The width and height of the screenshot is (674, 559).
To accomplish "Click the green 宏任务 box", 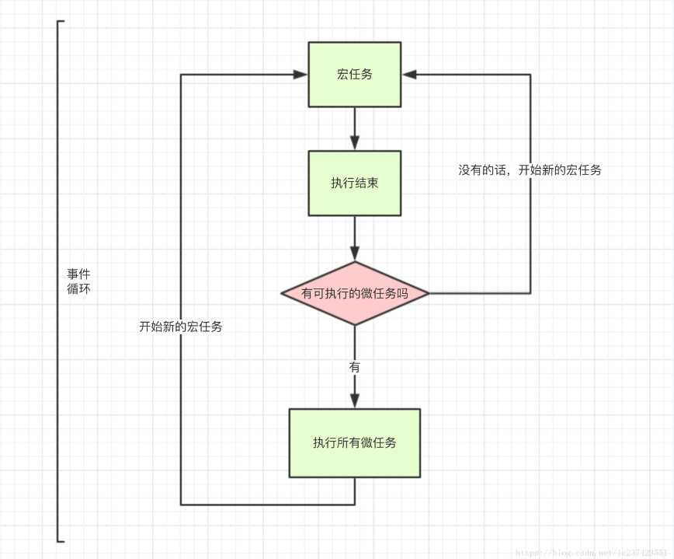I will pos(354,75).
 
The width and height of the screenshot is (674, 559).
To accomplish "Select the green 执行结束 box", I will pos(354,183).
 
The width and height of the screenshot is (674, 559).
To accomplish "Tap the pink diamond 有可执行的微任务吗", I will pos(354,293).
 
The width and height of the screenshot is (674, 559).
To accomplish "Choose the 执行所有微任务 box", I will pos(354,442).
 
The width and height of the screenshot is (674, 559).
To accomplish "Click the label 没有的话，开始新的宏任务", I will pos(530,169).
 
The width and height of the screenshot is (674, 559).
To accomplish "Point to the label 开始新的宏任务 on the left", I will pos(181,327).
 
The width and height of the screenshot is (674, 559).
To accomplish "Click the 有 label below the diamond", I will pos(355,367).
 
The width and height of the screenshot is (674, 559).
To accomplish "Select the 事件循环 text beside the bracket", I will pos(78,281).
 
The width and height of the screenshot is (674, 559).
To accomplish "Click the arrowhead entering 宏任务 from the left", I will pos(301,75).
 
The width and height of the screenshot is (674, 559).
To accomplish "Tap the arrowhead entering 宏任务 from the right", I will pos(408,75).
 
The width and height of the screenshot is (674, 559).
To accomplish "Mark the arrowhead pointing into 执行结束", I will pos(355,143).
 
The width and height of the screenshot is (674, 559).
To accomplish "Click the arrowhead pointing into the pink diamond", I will pos(355,253).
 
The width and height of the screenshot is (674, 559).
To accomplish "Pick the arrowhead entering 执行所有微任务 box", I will pos(355,401).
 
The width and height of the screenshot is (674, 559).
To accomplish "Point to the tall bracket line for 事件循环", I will pos(58,280).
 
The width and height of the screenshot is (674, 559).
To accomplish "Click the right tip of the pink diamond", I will pos(428,293).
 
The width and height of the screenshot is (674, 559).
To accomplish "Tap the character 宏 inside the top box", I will pos(342,75).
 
